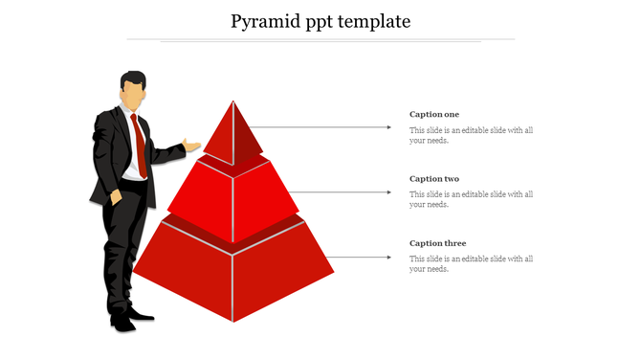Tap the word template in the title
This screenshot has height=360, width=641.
pyautogui.click(x=373, y=21)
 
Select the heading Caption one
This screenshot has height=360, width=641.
pyautogui.click(x=434, y=115)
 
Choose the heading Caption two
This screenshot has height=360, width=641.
pyautogui.click(x=434, y=179)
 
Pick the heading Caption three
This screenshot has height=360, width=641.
pyautogui.click(x=437, y=243)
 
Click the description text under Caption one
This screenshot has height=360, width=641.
pyautogui.click(x=471, y=135)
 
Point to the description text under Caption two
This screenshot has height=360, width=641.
pyautogui.click(x=471, y=199)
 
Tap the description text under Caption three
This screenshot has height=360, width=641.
pyautogui.click(x=471, y=263)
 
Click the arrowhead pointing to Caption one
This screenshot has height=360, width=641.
pyautogui.click(x=388, y=126)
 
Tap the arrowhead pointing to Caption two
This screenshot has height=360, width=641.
pyautogui.click(x=388, y=192)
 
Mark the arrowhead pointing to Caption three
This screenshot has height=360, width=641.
pyautogui.click(x=388, y=257)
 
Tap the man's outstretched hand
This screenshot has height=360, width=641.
pyautogui.click(x=193, y=146)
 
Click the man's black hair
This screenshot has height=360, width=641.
pyautogui.click(x=134, y=78)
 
